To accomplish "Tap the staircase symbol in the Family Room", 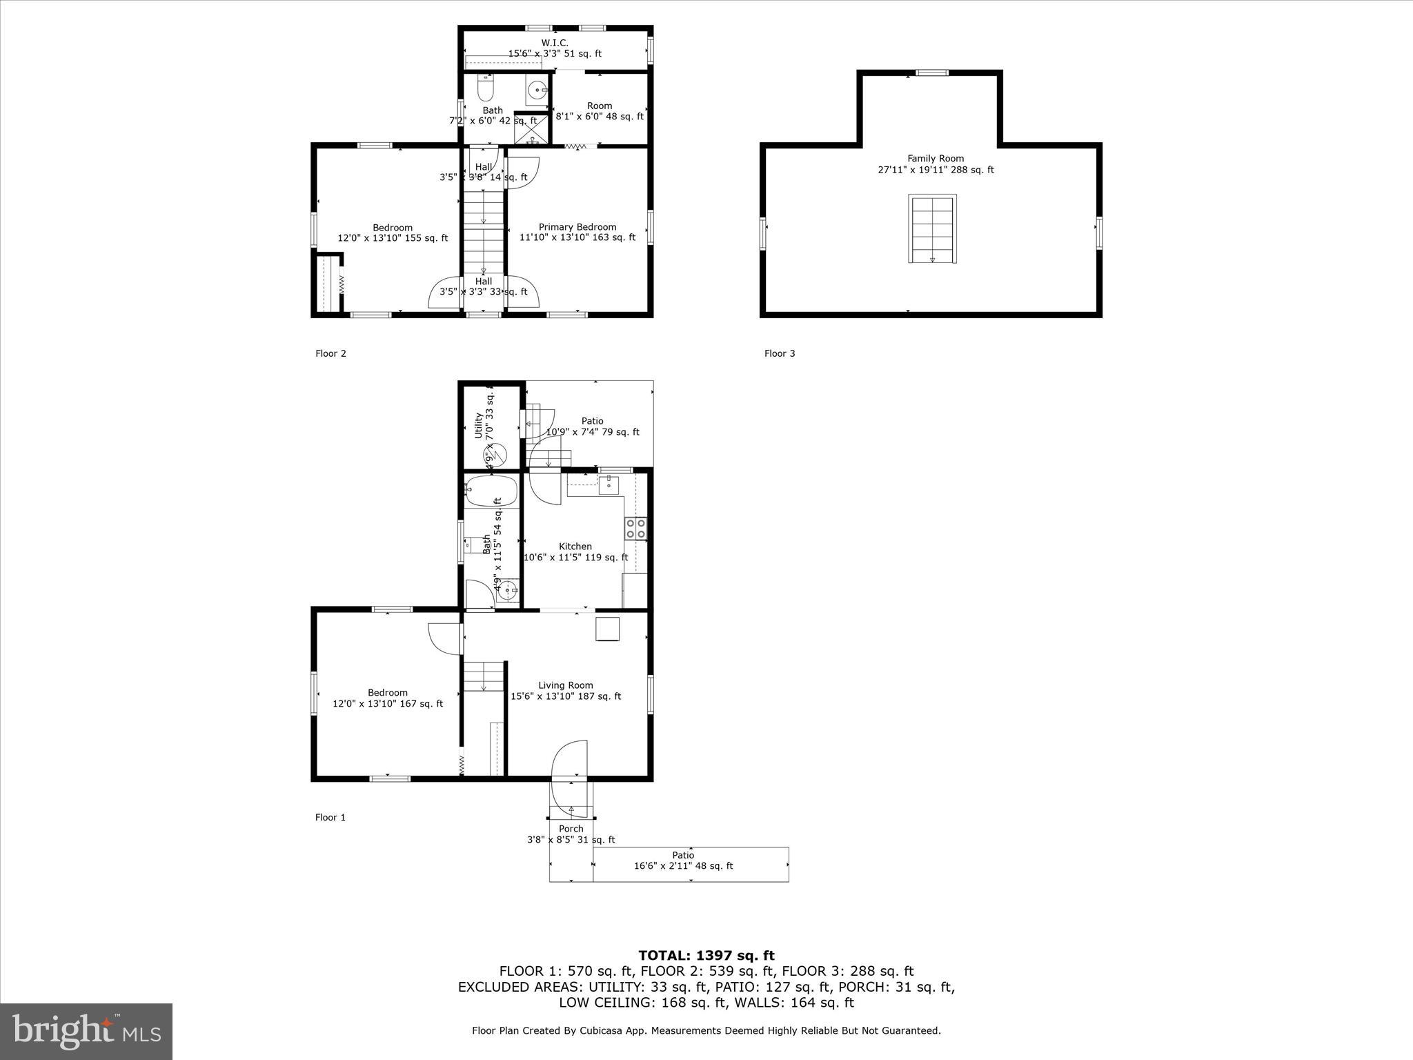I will [932, 229].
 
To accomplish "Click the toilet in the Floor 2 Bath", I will [486, 90].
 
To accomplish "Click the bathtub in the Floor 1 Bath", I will [491, 491].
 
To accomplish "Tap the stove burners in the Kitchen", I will [636, 529].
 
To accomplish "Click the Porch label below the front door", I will [571, 829].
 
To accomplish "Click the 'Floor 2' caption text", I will [330, 353].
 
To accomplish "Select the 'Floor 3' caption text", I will [780, 353].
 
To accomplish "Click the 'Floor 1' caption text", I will [330, 817].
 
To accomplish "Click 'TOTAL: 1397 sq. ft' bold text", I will [706, 956].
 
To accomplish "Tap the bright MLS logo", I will [86, 1031].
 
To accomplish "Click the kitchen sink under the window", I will [609, 484].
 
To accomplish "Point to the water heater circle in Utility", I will [497, 454].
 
